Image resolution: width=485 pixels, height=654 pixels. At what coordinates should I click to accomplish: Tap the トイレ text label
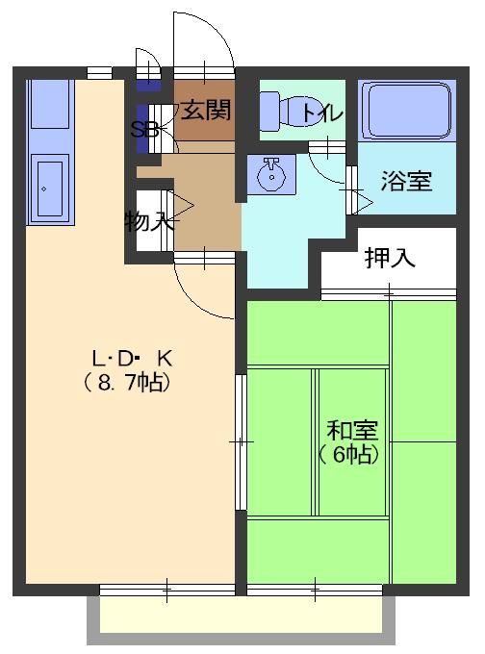[x=320, y=113]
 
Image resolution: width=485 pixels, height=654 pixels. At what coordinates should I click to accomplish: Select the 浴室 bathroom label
[x=405, y=180]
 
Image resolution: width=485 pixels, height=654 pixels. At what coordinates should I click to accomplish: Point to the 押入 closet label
[x=390, y=258]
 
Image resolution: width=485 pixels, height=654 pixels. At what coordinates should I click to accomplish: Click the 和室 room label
[x=352, y=430]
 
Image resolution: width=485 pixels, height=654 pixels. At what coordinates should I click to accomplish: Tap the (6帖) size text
[x=347, y=454]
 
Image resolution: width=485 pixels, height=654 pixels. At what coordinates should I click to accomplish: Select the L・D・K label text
[x=131, y=358]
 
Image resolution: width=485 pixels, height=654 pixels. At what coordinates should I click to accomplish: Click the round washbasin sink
[x=271, y=175]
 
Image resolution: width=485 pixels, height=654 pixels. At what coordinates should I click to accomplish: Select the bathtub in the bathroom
[x=405, y=110]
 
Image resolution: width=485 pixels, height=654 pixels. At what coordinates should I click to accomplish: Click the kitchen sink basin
[x=48, y=189]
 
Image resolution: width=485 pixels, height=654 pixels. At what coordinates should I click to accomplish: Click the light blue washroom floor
[x=289, y=231]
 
